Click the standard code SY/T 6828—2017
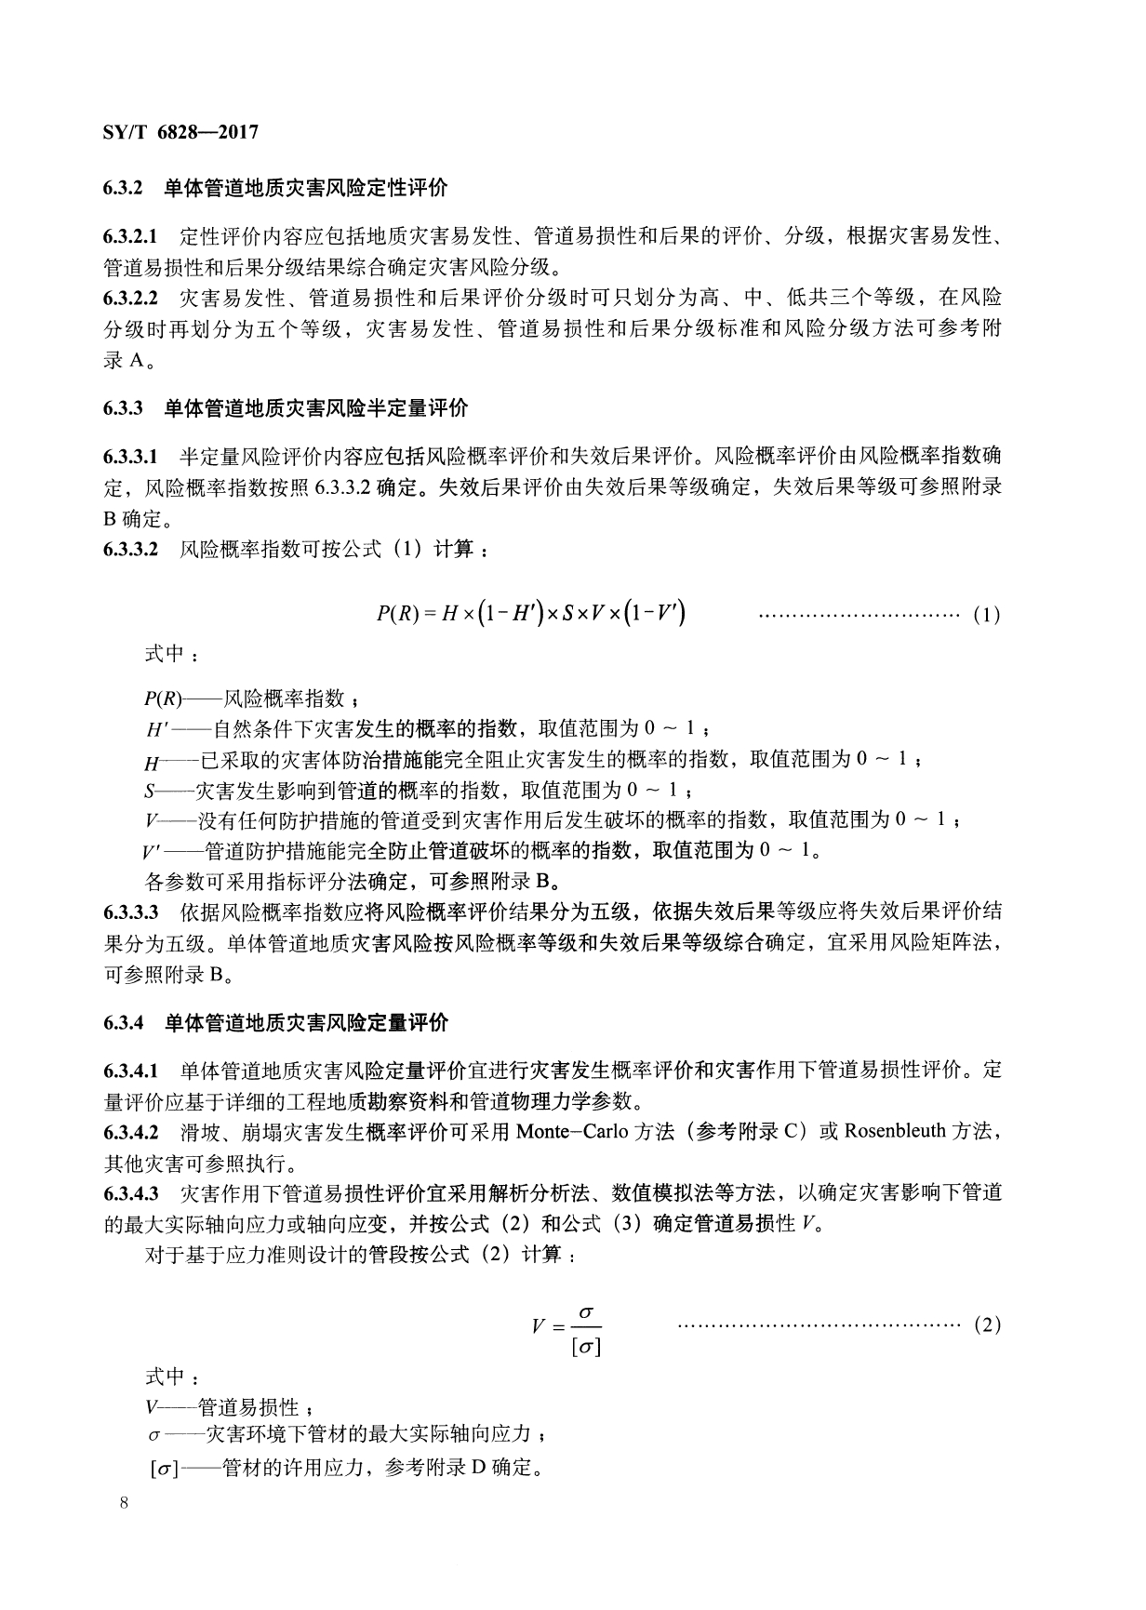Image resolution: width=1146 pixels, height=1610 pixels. [x=180, y=132]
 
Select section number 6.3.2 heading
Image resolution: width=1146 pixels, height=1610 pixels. [x=122, y=188]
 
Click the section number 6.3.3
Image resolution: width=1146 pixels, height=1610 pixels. [x=122, y=407]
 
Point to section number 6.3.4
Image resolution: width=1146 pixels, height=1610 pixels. [x=122, y=1023]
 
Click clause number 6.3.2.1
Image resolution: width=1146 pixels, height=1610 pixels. [x=130, y=236]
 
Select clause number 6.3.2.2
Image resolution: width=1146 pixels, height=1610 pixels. [x=130, y=299]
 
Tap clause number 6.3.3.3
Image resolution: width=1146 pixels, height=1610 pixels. [x=130, y=911]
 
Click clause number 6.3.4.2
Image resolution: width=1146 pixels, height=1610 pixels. [x=130, y=1132]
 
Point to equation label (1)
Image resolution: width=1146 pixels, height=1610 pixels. [x=986, y=615]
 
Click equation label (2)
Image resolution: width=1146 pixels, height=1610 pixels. [x=986, y=1325]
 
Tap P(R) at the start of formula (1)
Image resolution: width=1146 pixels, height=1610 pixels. [x=398, y=613]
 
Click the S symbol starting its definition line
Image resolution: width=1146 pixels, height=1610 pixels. [x=149, y=791]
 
